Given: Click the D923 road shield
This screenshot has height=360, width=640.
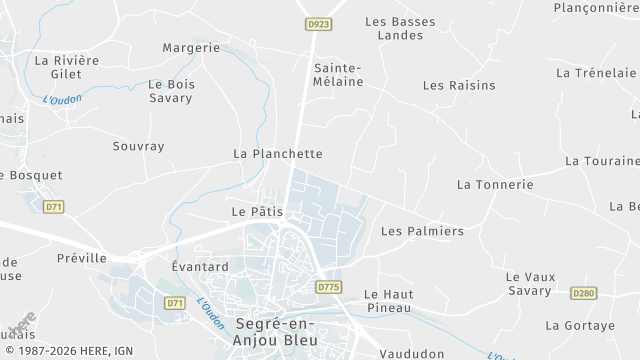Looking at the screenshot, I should click(x=319, y=24).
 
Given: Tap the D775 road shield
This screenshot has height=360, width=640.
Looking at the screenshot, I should click(x=329, y=287).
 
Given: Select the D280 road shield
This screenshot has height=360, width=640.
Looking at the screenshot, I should click(x=583, y=293).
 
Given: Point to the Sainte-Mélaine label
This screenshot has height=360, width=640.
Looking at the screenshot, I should click(x=338, y=75).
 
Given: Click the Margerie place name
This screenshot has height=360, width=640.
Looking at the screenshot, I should click(x=191, y=47).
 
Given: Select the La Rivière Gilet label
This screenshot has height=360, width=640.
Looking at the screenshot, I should click(x=67, y=67).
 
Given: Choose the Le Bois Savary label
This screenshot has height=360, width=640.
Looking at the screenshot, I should click(x=170, y=91).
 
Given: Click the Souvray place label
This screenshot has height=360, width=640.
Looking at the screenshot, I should click(x=138, y=146).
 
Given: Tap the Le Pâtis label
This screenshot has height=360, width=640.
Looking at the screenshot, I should click(x=257, y=212).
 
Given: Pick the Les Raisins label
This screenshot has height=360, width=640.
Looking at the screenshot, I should click(x=459, y=85).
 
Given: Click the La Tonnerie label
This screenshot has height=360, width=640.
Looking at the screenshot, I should click(x=494, y=185).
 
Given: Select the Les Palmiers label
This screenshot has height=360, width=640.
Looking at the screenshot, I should click(x=422, y=231).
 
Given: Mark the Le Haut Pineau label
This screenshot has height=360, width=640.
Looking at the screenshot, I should click(x=387, y=301).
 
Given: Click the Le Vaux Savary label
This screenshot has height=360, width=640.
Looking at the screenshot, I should click(x=529, y=284).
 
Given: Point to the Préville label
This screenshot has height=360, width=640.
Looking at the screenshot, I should click(x=82, y=258).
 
